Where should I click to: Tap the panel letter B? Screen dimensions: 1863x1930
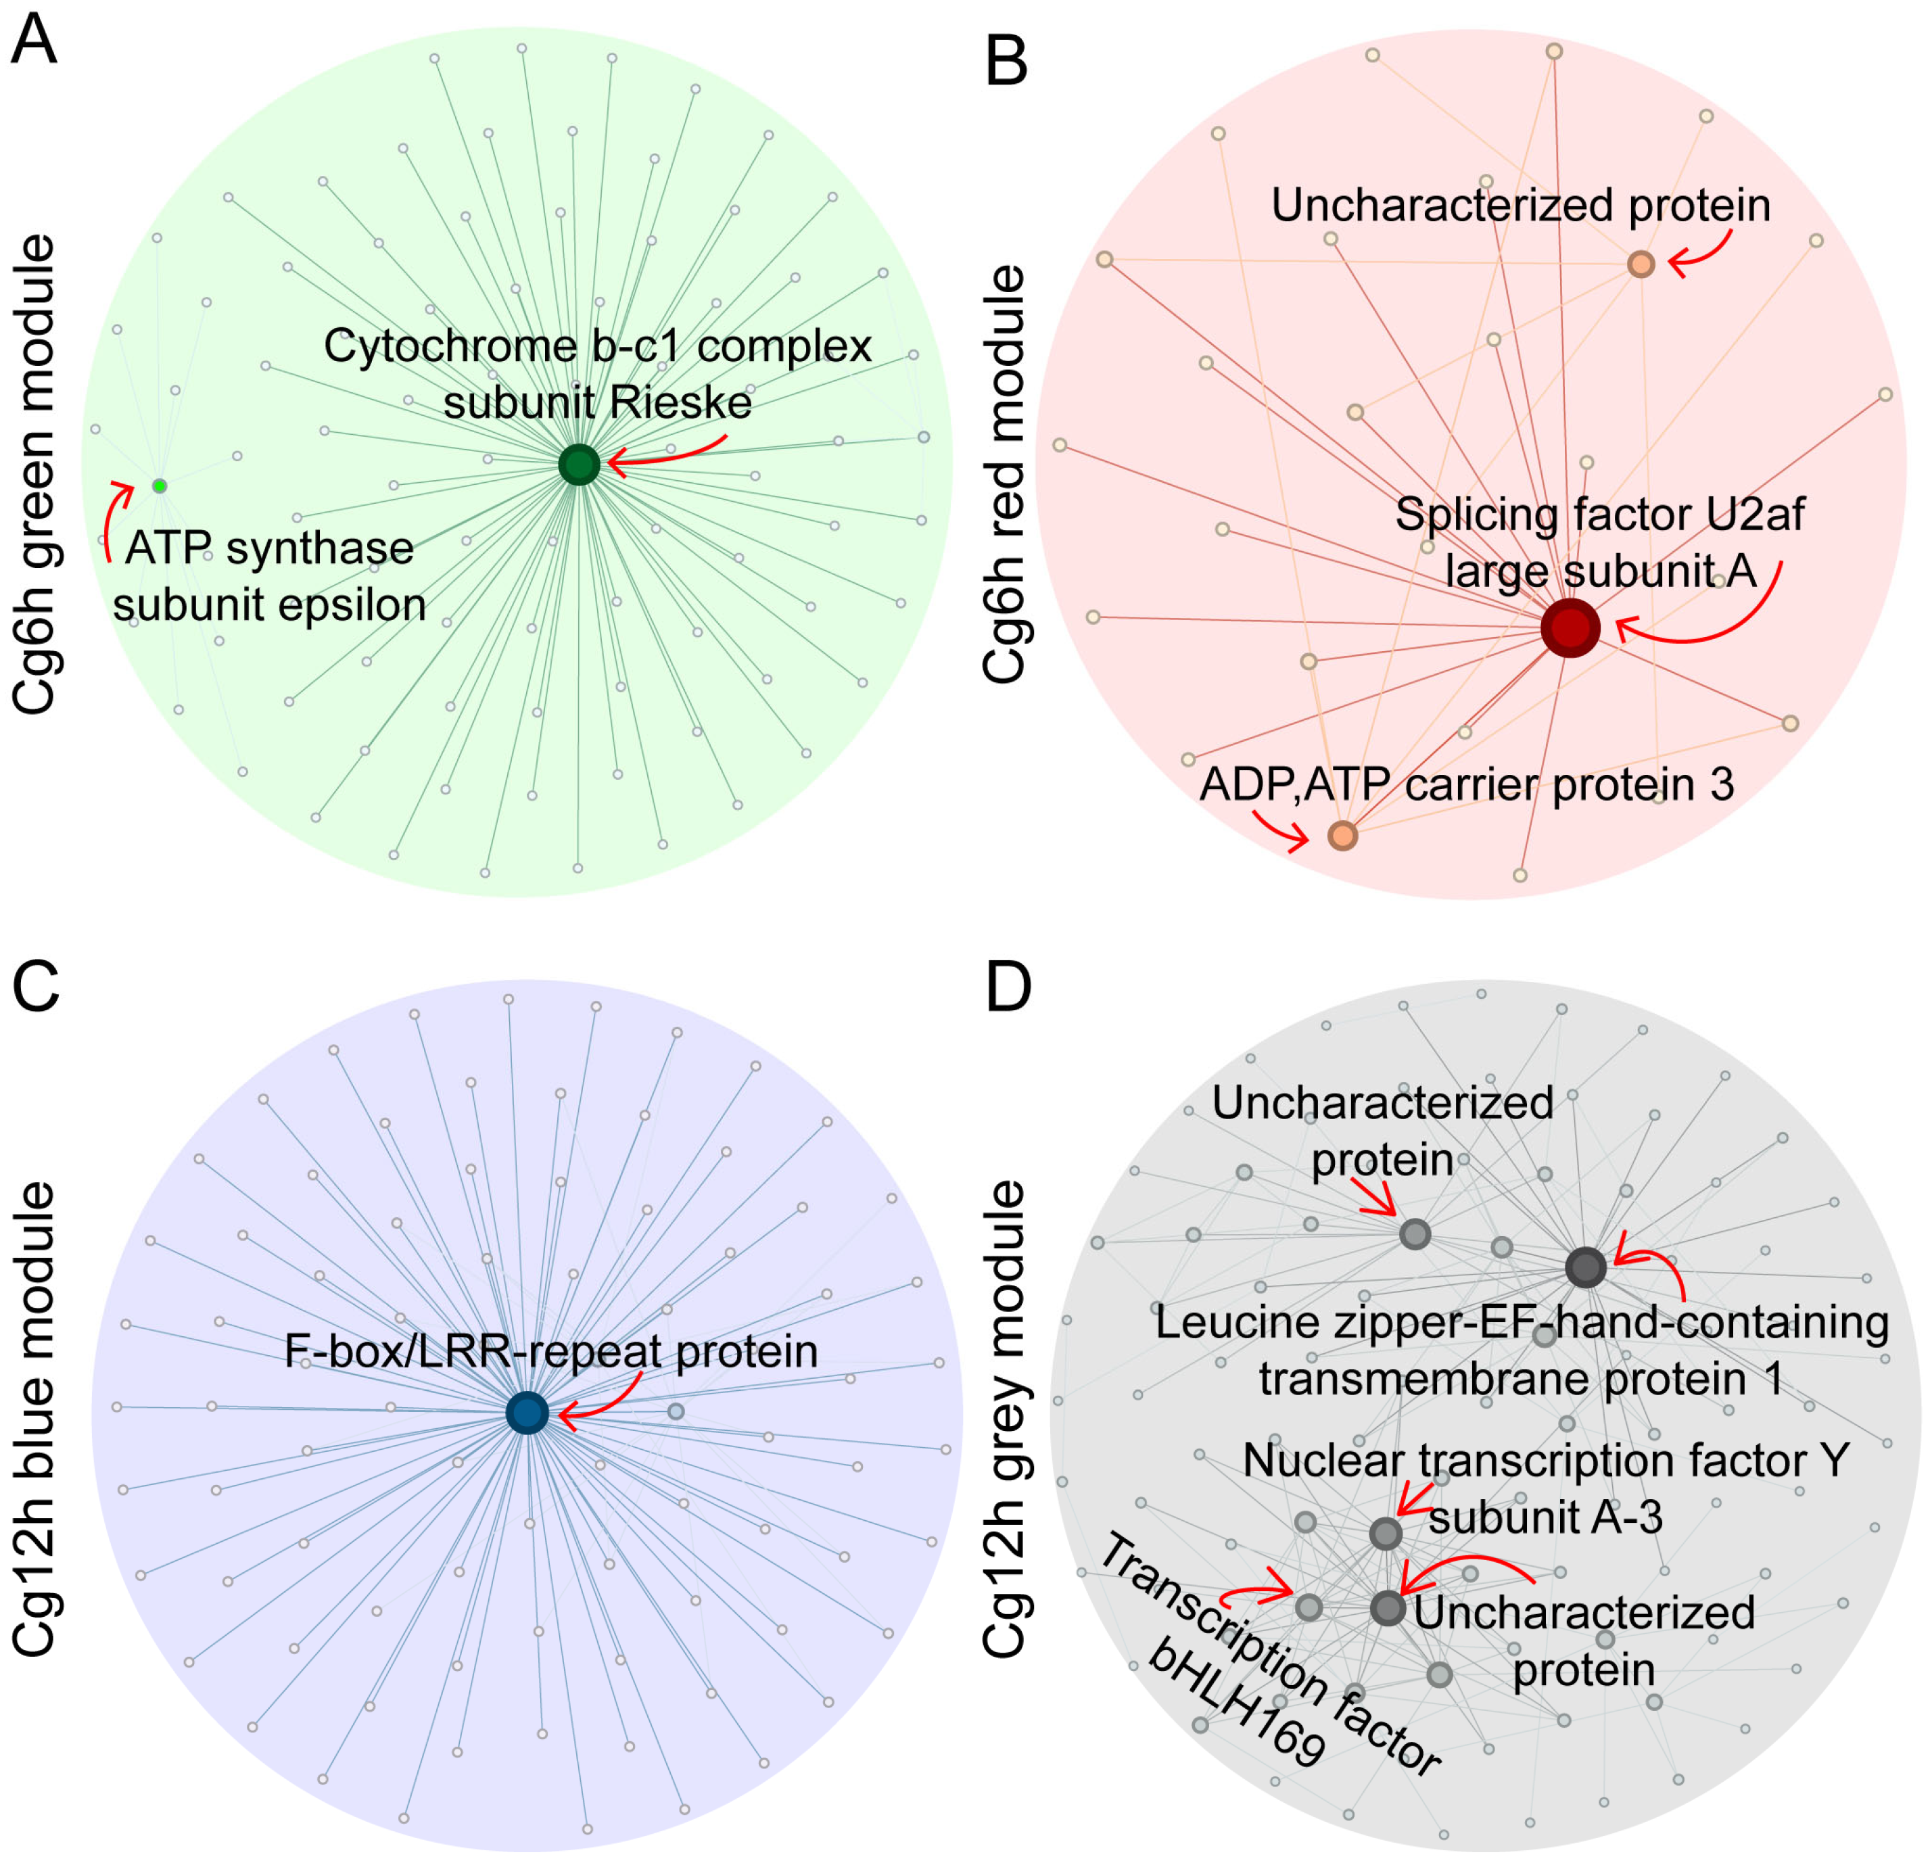1006,61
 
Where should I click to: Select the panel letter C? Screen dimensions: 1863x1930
35,987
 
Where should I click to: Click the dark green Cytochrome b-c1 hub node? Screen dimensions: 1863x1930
579,464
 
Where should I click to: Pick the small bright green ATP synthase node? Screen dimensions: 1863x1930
160,486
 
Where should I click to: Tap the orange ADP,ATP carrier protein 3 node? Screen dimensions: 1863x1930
1342,836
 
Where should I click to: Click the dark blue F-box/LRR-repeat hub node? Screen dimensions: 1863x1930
527,1413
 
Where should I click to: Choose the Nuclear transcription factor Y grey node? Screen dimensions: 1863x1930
1386,1533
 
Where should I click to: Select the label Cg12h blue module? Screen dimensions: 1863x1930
34,1418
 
